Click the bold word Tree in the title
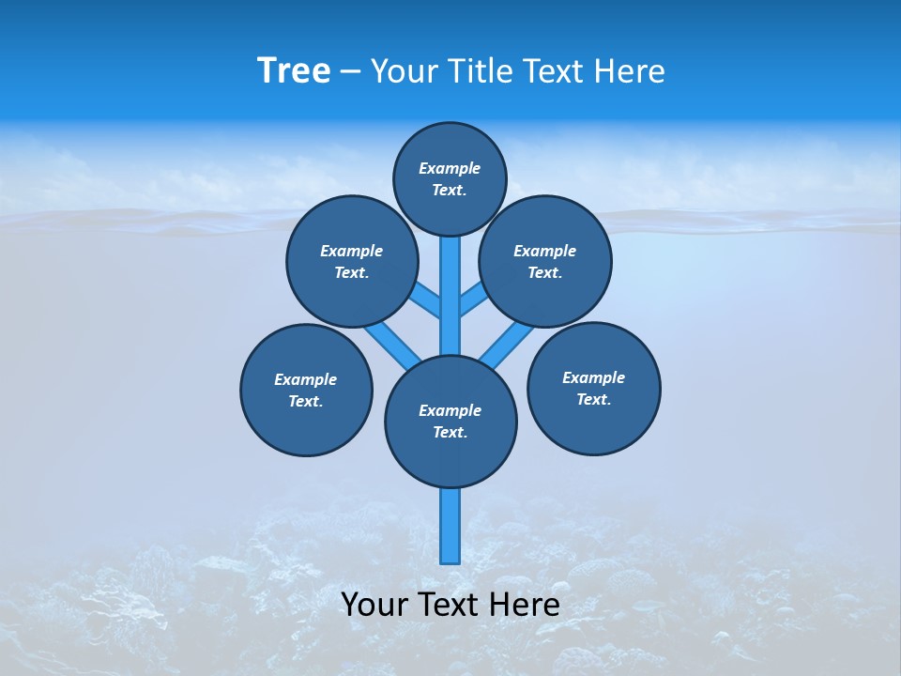tap(294, 71)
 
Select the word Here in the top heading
tap(629, 71)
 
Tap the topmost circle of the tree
tap(450, 178)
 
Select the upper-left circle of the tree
tap(351, 261)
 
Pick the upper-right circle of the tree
tap(545, 261)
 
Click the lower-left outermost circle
tap(306, 390)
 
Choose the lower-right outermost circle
tap(593, 388)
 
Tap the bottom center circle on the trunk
tap(450, 421)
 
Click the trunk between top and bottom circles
tap(450, 310)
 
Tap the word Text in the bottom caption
tap(448, 605)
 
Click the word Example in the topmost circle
tap(450, 169)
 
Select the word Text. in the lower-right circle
tap(593, 399)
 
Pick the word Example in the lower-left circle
tap(306, 379)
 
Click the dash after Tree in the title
tap(350, 72)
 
